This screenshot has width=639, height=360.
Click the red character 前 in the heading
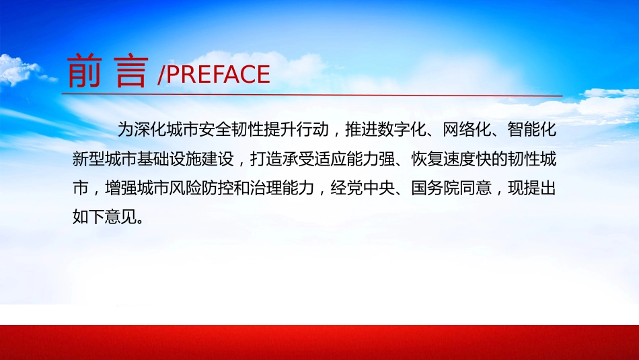[x=84, y=71]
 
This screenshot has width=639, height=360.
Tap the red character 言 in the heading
[x=130, y=71]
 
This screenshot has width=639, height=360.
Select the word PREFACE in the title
[x=218, y=74]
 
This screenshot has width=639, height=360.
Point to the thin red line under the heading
[x=312, y=95]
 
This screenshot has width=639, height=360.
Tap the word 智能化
[x=532, y=130]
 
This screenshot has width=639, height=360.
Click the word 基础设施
[x=169, y=159]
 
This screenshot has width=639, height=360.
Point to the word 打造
[x=266, y=159]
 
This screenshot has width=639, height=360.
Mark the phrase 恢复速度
[x=443, y=159]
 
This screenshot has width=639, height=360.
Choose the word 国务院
[x=435, y=188]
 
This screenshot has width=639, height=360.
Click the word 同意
[x=476, y=188]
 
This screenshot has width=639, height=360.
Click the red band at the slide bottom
[x=319, y=343]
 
